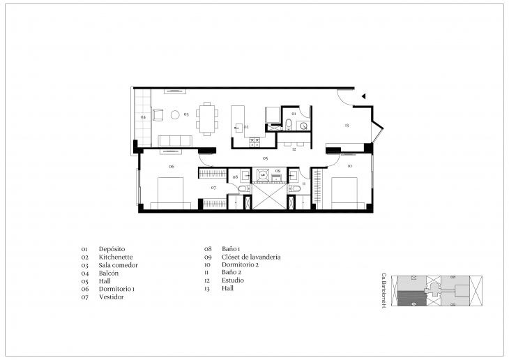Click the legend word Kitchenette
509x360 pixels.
click(x=115, y=257)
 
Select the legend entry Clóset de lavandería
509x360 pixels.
click(x=253, y=257)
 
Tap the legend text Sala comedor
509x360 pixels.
click(x=119, y=265)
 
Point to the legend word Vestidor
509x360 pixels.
click(x=112, y=297)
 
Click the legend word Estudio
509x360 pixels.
click(x=234, y=280)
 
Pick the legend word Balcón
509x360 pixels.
click(x=109, y=273)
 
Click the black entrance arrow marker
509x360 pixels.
click(x=363, y=97)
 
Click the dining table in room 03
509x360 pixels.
click(x=206, y=117)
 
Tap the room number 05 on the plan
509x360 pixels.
click(x=265, y=159)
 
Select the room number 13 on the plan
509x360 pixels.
click(x=346, y=125)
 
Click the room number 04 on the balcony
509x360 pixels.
click(x=143, y=117)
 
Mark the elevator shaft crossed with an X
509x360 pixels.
click(x=268, y=196)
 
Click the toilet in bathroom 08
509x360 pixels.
click(x=242, y=188)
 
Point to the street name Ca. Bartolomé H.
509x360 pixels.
click(x=384, y=291)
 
